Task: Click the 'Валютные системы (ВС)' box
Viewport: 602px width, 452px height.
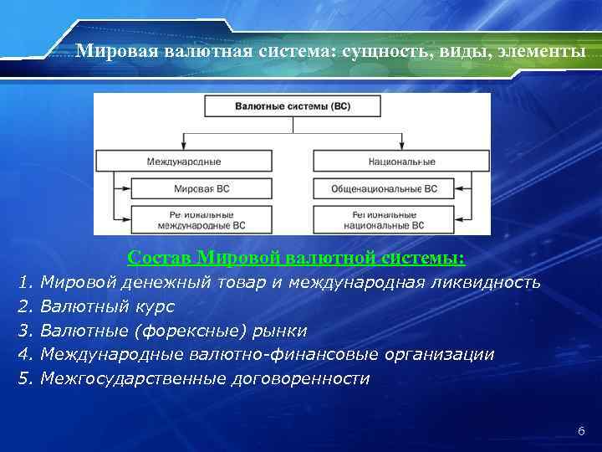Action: [292, 106]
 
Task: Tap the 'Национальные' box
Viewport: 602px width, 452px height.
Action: [400, 161]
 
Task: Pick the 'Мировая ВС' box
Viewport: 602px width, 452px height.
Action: [202, 189]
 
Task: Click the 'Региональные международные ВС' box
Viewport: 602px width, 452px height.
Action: [202, 219]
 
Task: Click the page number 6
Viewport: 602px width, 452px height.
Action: [581, 431]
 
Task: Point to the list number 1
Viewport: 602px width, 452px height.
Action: [23, 282]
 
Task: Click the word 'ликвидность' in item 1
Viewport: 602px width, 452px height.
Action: [492, 282]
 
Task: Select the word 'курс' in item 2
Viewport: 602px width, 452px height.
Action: [156, 306]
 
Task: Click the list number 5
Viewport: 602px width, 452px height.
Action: [23, 378]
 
